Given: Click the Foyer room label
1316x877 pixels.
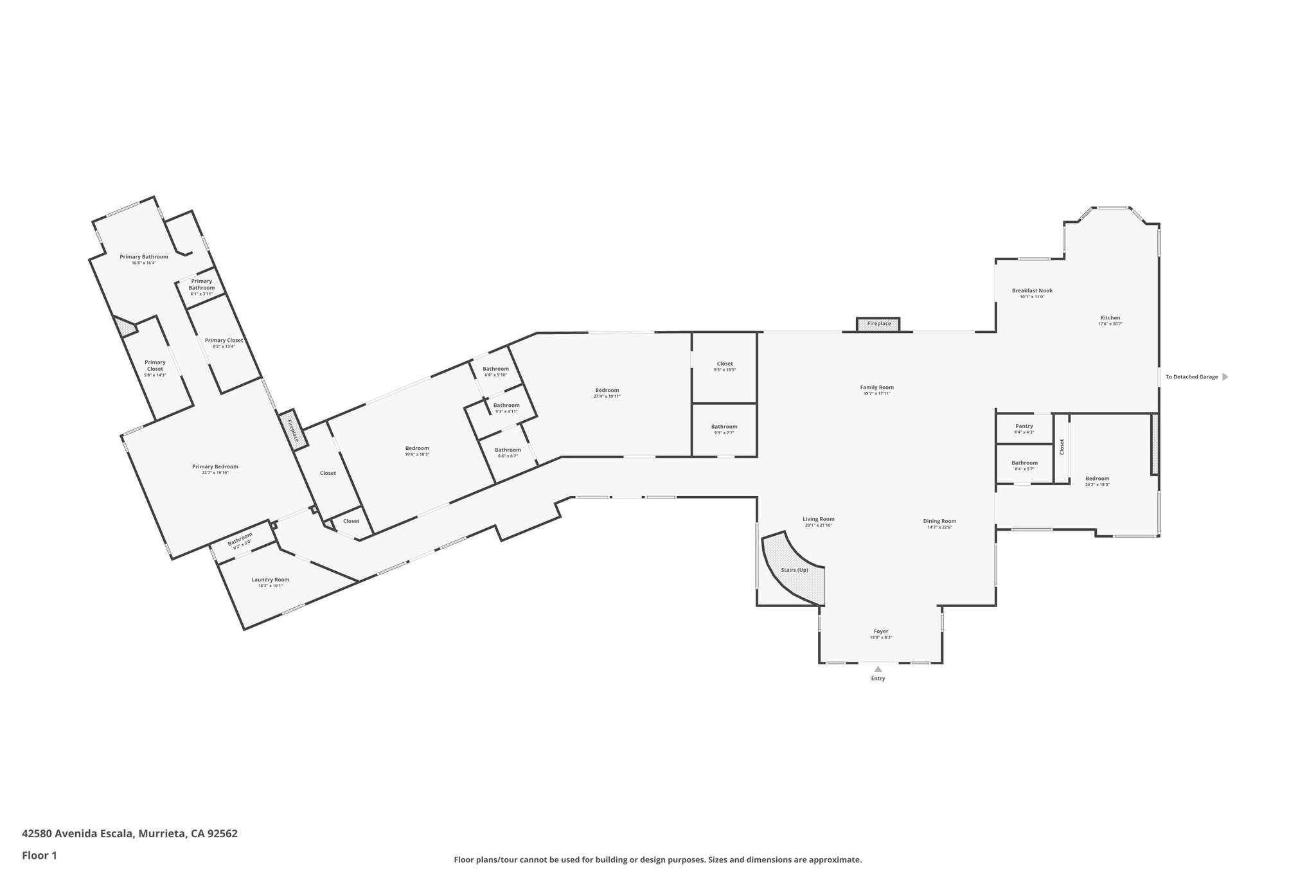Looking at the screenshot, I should [880, 631].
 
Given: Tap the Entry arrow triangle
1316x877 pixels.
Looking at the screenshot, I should [878, 669].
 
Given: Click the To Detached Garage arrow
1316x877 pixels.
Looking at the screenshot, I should [1225, 376].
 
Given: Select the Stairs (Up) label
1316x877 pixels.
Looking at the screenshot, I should [794, 570].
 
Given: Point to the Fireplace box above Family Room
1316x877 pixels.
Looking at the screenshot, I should [878, 324].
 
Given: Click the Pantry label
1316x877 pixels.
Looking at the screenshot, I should [1024, 426].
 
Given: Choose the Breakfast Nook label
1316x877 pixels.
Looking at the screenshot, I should [1032, 290].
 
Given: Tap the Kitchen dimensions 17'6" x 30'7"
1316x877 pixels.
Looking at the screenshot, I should [1110, 324].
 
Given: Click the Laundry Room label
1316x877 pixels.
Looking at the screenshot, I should [270, 579].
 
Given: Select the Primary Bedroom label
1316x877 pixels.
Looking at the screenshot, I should [215, 466].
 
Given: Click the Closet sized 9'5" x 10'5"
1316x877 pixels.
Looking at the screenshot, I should [724, 367].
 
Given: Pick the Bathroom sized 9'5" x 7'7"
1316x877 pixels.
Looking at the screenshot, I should [724, 430].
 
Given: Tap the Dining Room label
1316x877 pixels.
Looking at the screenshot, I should [939, 521].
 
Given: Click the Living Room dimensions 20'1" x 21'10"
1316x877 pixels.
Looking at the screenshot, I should [818, 526].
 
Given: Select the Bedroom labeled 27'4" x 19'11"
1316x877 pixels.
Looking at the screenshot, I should [607, 393].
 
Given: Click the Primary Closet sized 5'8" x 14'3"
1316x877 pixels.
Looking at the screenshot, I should [155, 368].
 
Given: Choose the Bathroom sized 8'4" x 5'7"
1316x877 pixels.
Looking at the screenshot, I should [1024, 466].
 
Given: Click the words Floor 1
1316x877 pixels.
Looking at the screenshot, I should [40, 855].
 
